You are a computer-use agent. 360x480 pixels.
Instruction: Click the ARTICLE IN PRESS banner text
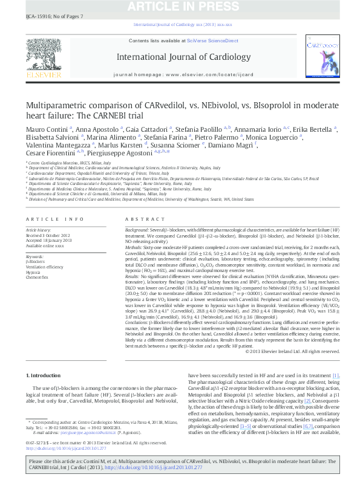pyautogui.click(x=180, y=7)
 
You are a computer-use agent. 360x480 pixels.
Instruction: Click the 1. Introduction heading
pyautogui.click(x=44, y=376)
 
